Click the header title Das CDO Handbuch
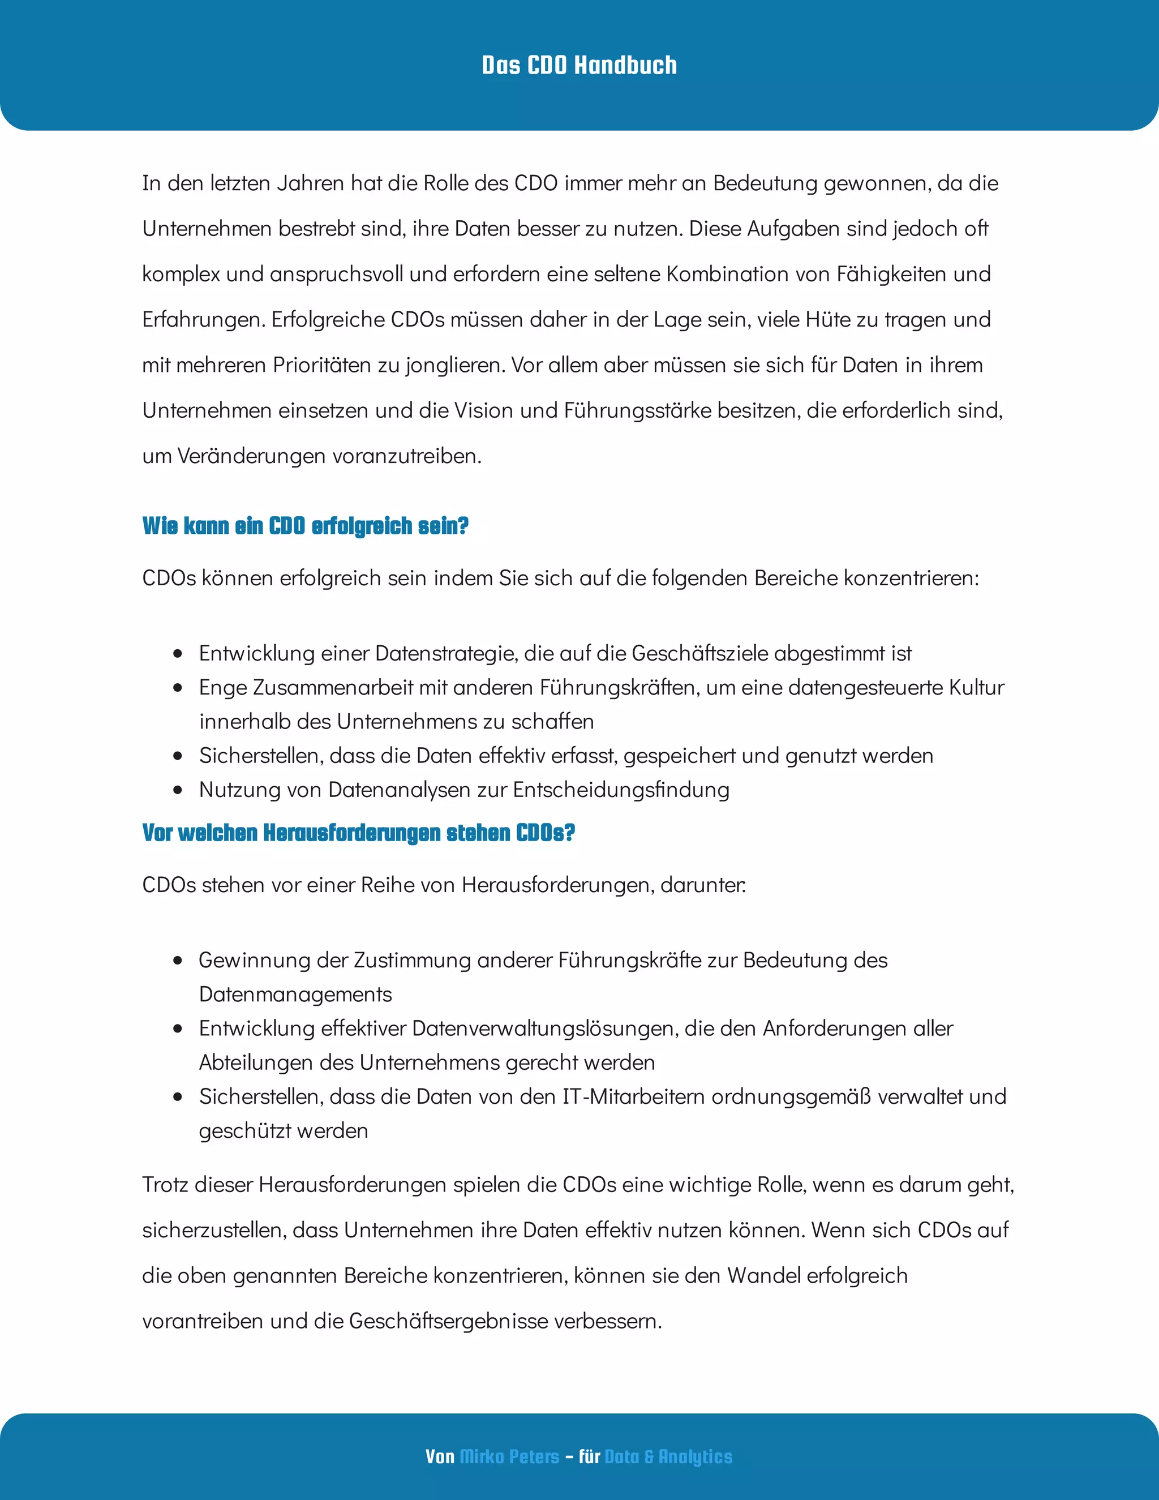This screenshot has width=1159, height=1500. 579,65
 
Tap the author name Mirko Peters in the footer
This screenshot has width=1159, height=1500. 509,1456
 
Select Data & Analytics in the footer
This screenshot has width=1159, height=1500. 668,1456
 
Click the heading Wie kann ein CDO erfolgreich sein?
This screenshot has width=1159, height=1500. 305,526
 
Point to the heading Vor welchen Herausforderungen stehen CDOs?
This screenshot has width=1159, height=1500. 358,833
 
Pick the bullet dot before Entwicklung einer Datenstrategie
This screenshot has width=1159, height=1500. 178,653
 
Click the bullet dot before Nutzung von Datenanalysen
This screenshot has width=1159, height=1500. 178,790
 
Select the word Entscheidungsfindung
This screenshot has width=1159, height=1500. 621,790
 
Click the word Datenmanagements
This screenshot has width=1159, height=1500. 295,994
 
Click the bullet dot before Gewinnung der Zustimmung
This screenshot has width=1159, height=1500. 178,960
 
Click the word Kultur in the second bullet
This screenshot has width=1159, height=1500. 976,688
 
